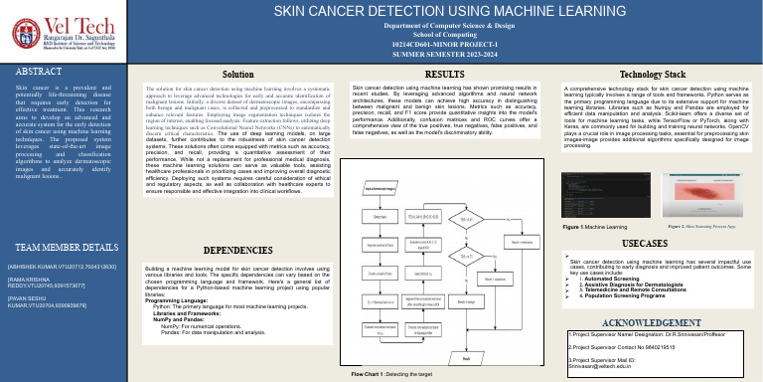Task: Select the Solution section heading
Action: point(236,75)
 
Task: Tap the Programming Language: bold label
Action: point(180,298)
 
